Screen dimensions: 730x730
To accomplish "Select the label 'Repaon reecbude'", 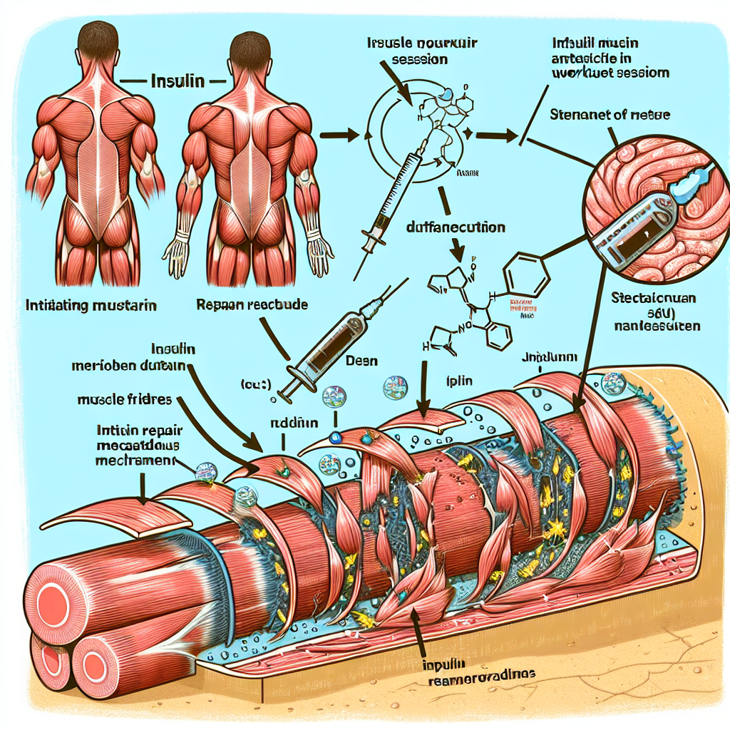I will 251,304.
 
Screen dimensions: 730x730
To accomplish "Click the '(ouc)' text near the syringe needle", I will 255,386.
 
